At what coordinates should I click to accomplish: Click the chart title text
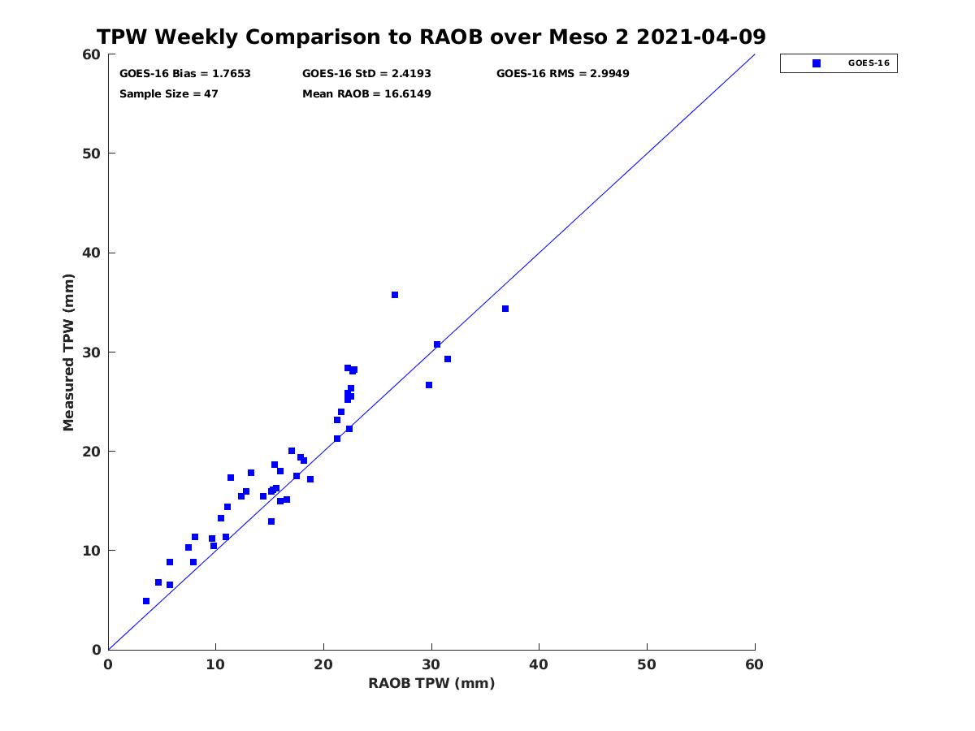[x=431, y=37]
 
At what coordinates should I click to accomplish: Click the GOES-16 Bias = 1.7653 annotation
[x=185, y=74]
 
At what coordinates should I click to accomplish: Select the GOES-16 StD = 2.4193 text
[x=366, y=74]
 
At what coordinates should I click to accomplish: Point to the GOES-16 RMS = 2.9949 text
[x=562, y=74]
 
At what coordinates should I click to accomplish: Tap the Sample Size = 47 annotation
[x=169, y=94]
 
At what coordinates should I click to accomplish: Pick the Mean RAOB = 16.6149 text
[x=366, y=94]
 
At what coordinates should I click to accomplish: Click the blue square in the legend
[x=817, y=63]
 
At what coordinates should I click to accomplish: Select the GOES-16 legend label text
[x=869, y=63]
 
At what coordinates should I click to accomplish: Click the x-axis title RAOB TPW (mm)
[x=431, y=683]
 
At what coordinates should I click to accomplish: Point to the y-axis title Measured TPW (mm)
[x=69, y=352]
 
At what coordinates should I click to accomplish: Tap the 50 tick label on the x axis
[x=647, y=665]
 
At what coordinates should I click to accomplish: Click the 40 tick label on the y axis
[x=92, y=253]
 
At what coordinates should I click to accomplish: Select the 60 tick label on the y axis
[x=92, y=55]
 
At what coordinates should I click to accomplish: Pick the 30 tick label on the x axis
[x=431, y=665]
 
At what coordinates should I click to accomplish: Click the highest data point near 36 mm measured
[x=395, y=295]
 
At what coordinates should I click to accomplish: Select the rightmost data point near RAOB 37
[x=505, y=309]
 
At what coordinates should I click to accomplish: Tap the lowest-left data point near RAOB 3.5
[x=146, y=601]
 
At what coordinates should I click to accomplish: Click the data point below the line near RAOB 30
[x=429, y=385]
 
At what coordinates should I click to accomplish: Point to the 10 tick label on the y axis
[x=92, y=551]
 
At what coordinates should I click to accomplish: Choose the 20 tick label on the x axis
[x=323, y=665]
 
